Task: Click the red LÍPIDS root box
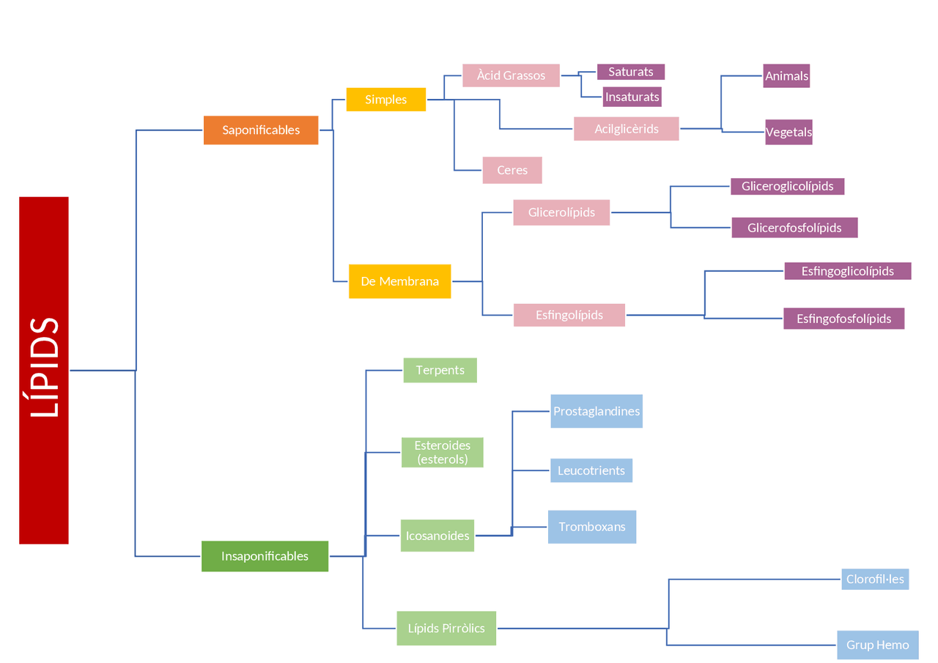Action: pyautogui.click(x=44, y=370)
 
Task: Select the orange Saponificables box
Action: pyautogui.click(x=261, y=130)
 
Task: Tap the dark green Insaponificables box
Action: pyautogui.click(x=265, y=556)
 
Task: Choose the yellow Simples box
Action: pyautogui.click(x=385, y=100)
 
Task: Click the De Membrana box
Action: pyautogui.click(x=399, y=281)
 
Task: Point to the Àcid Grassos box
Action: pyautogui.click(x=511, y=75)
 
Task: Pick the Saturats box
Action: pyautogui.click(x=630, y=72)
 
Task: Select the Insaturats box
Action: pyautogui.click(x=632, y=96)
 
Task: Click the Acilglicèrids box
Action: pyautogui.click(x=626, y=129)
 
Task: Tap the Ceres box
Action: pyautogui.click(x=512, y=170)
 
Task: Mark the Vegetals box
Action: pyautogui.click(x=789, y=133)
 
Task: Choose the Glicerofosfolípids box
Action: pyautogui.click(x=794, y=228)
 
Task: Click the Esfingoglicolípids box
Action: pyautogui.click(x=847, y=271)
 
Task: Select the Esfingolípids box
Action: pyautogui.click(x=569, y=315)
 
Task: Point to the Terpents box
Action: pyautogui.click(x=440, y=370)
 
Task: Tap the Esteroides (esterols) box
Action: pyautogui.click(x=442, y=452)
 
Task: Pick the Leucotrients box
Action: pyautogui.click(x=591, y=470)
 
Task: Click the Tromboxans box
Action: pyautogui.click(x=591, y=527)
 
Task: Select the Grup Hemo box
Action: pyautogui.click(x=877, y=645)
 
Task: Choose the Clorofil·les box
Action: pyautogui.click(x=875, y=579)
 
